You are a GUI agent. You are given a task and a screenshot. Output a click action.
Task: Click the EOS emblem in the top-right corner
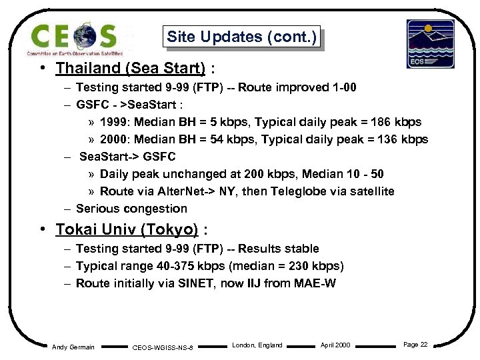(x=430, y=43)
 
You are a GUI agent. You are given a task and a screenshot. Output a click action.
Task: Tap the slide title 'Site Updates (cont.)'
(x=241, y=37)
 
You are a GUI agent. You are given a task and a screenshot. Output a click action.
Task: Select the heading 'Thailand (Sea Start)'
(x=130, y=68)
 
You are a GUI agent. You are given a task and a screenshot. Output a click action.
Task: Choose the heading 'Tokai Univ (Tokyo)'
(x=127, y=230)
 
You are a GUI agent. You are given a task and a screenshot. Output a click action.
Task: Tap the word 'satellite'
(x=371, y=191)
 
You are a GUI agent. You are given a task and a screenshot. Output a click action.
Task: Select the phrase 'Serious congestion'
(x=131, y=209)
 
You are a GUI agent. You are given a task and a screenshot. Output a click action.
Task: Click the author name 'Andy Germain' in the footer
(x=73, y=346)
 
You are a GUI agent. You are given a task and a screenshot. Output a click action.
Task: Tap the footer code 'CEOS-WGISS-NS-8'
(x=163, y=347)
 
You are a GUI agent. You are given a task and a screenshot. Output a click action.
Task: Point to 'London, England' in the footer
(x=257, y=345)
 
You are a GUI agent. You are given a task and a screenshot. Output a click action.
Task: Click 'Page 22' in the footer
(x=415, y=345)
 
